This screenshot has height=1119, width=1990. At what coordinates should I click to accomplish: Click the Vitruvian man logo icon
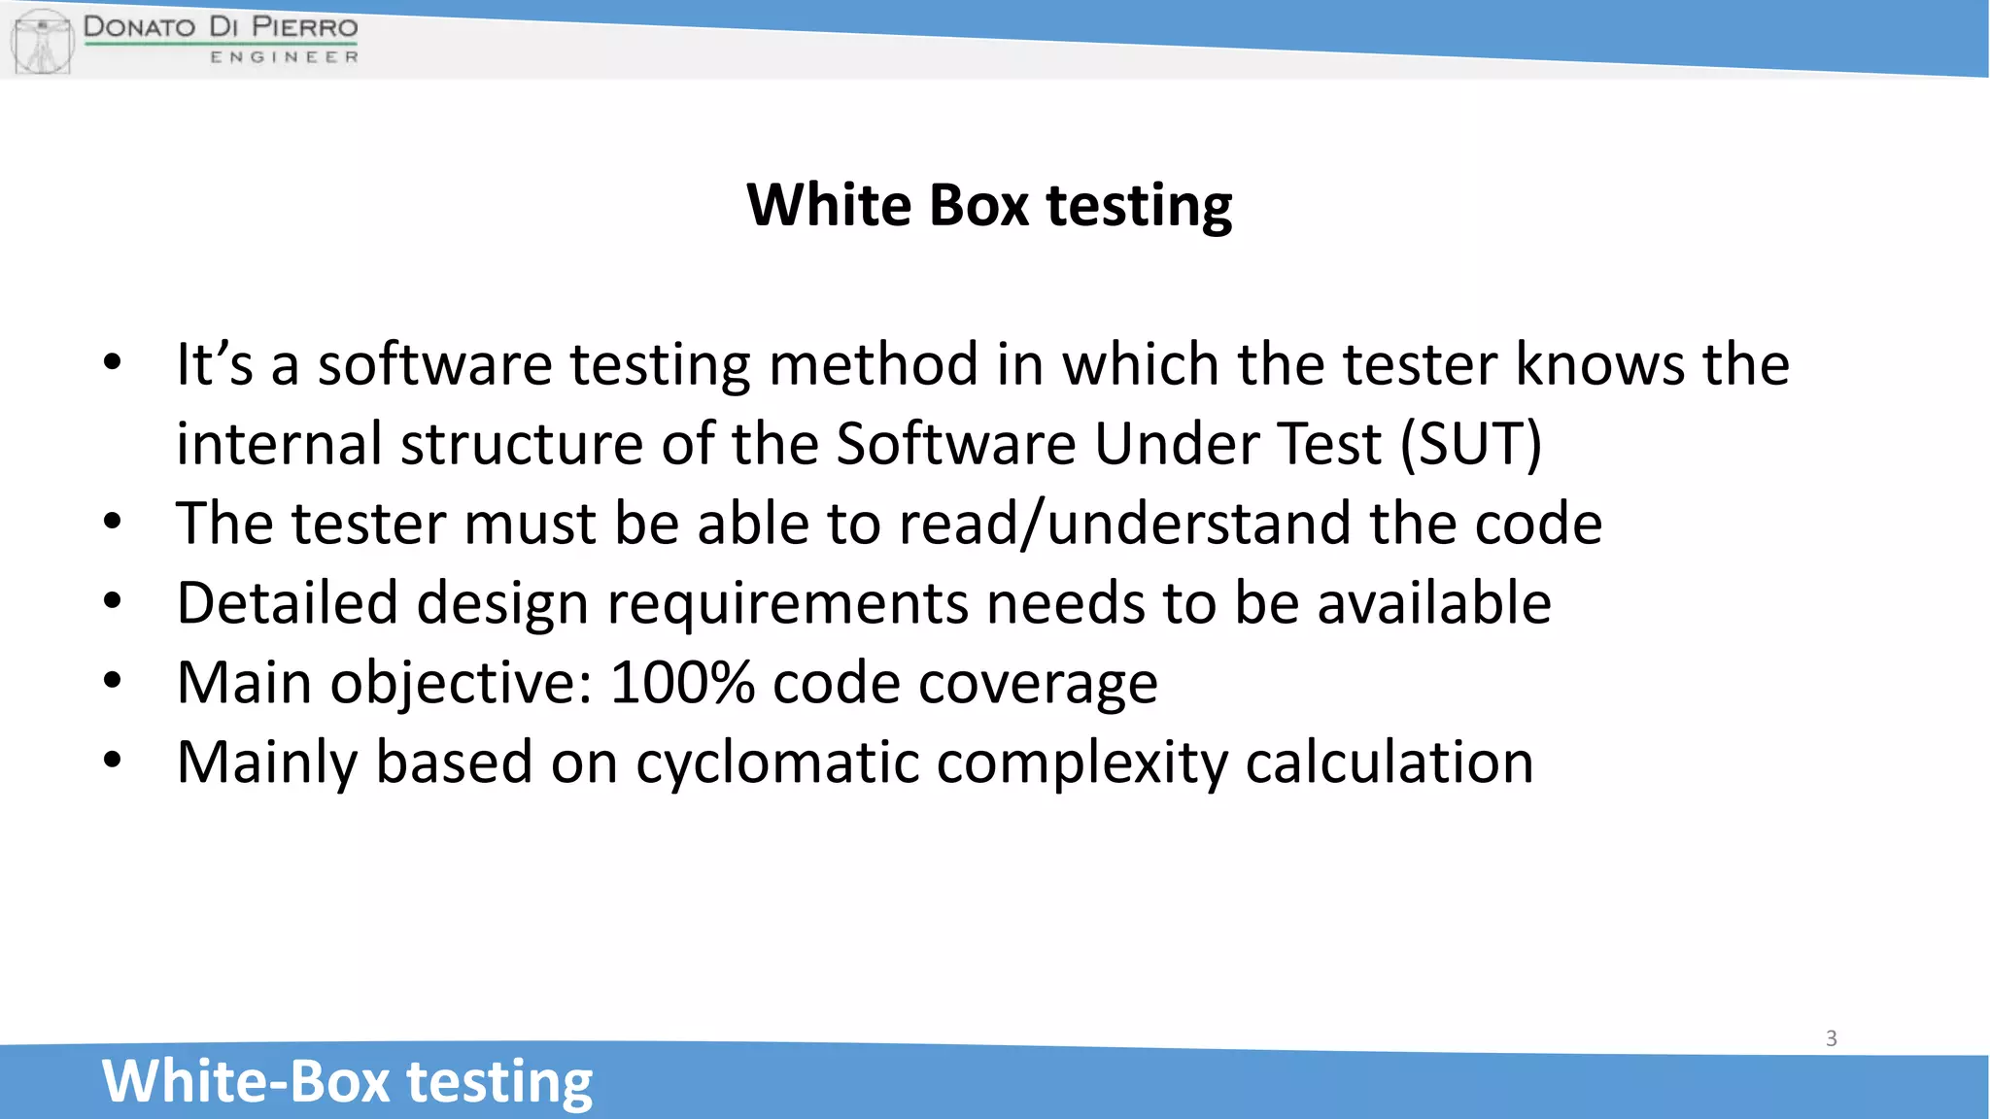click(x=42, y=41)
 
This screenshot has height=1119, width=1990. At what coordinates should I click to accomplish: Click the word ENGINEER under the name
click(x=284, y=57)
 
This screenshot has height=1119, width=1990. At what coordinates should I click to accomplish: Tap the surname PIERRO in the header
click(x=304, y=26)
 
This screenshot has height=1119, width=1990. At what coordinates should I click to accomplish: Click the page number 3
click(x=1831, y=1038)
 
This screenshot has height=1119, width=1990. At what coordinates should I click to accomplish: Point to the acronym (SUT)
click(x=1470, y=444)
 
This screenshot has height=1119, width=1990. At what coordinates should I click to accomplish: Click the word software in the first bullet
click(x=434, y=365)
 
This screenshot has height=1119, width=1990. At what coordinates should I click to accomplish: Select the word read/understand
click(x=1125, y=524)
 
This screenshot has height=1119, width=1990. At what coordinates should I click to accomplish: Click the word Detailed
click(x=287, y=603)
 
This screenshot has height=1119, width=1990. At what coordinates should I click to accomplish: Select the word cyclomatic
click(x=777, y=763)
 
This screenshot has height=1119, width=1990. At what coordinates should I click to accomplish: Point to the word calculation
click(x=1389, y=763)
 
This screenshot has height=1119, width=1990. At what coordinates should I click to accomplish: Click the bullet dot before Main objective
click(x=113, y=681)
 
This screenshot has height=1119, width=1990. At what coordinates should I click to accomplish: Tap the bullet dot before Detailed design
click(x=113, y=601)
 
